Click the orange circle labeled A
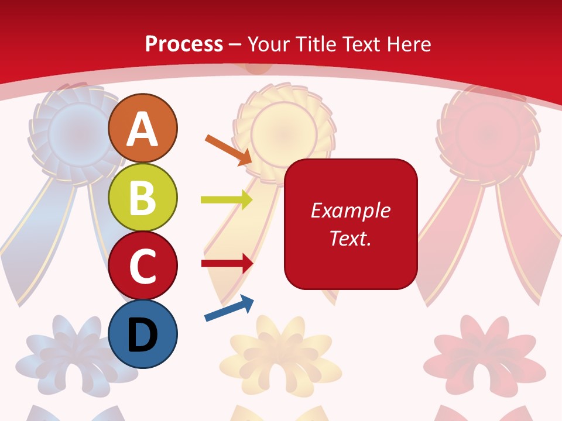(143, 128)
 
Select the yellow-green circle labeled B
(143, 197)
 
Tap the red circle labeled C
(143, 265)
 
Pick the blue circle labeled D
(143, 334)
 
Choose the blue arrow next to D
(229, 308)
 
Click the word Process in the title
(184, 44)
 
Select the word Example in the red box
(350, 210)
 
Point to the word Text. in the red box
(350, 238)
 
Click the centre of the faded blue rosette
(78, 132)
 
